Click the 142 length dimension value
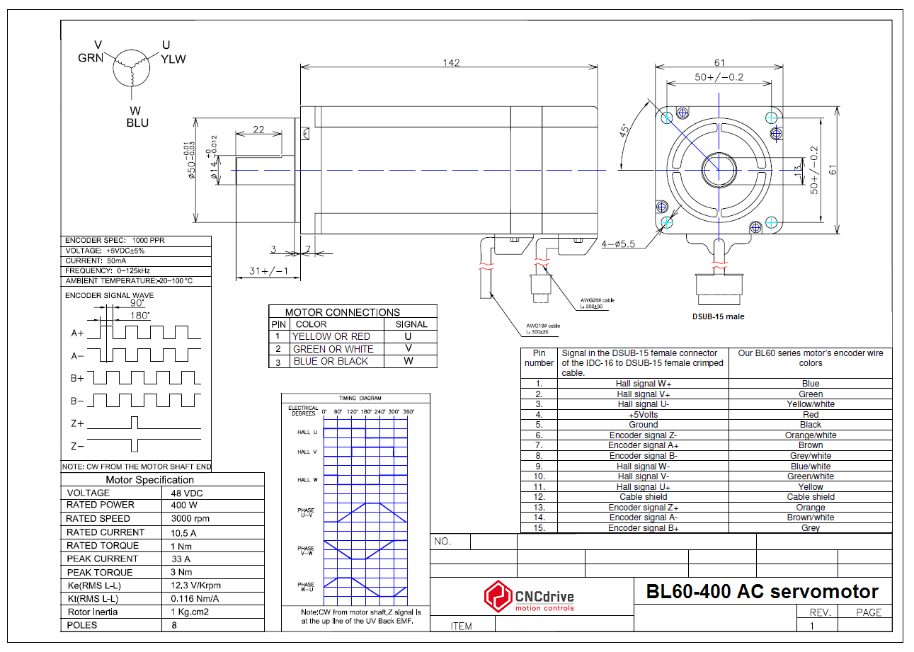452,63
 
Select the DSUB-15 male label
718,316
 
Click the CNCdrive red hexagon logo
498,596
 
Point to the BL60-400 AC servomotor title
762,592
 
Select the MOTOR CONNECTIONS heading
342,312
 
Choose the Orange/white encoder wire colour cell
810,435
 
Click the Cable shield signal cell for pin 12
643,497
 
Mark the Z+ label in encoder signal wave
77,423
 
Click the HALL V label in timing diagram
307,452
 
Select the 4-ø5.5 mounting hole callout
619,245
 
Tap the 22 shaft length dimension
258,130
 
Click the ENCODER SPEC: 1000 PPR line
115,241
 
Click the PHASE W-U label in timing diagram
306,587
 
